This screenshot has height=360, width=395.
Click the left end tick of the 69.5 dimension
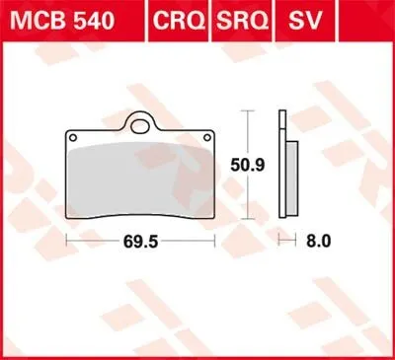click(x=66, y=241)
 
